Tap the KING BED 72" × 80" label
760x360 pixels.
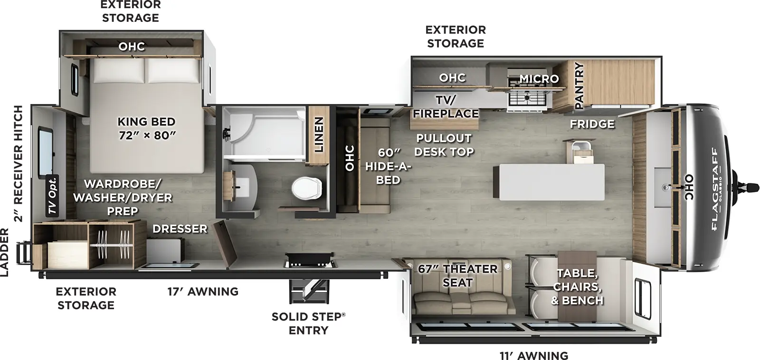pos(146,128)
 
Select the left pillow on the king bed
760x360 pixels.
pos(119,72)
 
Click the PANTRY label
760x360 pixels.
pos(579,85)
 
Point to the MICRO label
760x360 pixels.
pos(539,78)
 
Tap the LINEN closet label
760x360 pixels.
pos(319,134)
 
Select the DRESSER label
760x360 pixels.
pos(180,229)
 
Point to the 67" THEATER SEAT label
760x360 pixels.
pos(457,275)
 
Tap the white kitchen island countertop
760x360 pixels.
pos(549,181)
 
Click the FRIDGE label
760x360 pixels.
pos(592,124)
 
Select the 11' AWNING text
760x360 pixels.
pos(533,355)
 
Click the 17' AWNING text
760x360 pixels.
pos(203,291)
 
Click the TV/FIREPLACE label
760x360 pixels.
pos(445,106)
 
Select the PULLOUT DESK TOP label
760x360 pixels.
pos(444,145)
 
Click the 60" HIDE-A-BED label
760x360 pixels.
pos(388,166)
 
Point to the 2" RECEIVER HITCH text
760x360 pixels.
pos(18,163)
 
